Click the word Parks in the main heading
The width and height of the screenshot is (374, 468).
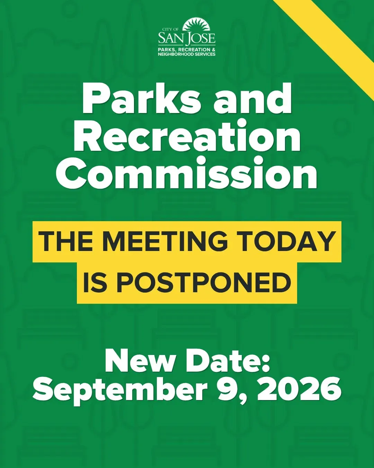point(142,99)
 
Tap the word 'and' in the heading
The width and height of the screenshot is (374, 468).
point(252,99)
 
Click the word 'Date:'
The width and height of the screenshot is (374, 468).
point(228,364)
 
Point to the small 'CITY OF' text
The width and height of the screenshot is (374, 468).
point(170,29)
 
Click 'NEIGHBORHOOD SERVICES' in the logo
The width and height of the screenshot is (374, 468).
point(187,54)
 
